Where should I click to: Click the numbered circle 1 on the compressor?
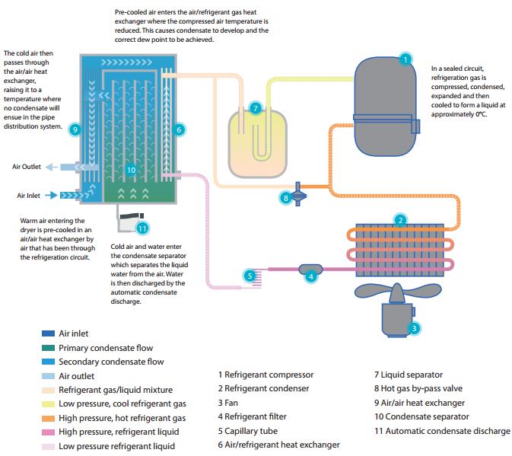(405, 59)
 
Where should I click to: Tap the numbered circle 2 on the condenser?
(399, 221)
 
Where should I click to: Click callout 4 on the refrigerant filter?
(310, 276)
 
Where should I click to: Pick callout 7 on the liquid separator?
(256, 108)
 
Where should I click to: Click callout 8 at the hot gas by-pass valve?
(286, 197)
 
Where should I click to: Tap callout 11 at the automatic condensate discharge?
(141, 227)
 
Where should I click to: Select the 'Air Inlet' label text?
(27, 195)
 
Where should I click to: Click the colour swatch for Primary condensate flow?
(47, 347)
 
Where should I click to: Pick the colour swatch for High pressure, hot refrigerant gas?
(47, 418)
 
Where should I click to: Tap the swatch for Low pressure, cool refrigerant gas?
(47, 403)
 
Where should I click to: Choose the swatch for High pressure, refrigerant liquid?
(47, 432)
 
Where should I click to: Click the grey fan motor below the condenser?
(396, 316)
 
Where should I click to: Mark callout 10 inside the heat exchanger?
(131, 170)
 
